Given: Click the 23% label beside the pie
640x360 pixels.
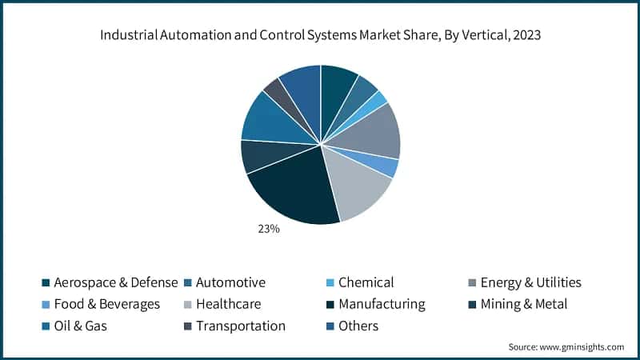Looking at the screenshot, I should click(x=268, y=230).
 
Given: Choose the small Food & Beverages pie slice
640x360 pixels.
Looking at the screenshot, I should click(x=386, y=166).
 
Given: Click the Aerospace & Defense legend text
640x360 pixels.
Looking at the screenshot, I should click(x=115, y=282).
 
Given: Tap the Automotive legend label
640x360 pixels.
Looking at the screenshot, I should click(x=230, y=282).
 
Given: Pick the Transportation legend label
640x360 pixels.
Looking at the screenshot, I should click(x=240, y=326).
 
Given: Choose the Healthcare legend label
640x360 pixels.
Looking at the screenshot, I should click(x=228, y=304).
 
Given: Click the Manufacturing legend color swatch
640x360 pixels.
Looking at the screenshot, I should click(x=328, y=305).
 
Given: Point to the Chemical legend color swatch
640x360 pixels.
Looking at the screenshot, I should click(x=328, y=283).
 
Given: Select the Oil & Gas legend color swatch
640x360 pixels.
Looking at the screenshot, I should click(x=46, y=326).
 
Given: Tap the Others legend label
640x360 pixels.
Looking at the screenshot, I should click(x=358, y=326).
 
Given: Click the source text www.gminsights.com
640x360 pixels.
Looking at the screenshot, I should click(x=586, y=346).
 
